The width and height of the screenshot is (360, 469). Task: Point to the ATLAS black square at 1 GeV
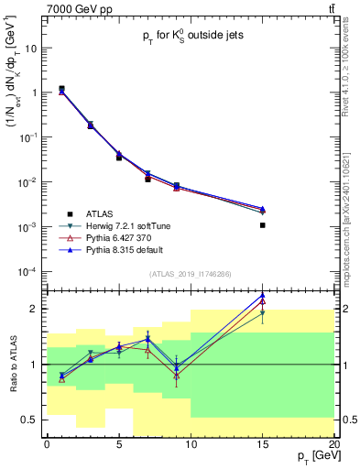[x=61, y=89]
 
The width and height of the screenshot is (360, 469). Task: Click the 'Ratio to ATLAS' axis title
[x=12, y=364]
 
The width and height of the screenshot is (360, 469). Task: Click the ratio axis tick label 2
[x=35, y=309]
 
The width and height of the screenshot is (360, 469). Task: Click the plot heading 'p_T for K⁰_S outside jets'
[x=190, y=40]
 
